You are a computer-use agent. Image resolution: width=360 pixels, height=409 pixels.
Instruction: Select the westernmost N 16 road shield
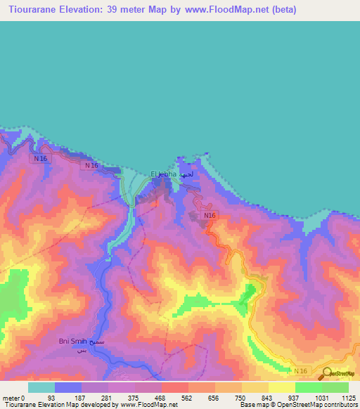(40, 159)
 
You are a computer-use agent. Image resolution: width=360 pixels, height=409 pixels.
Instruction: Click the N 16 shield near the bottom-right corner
(301, 370)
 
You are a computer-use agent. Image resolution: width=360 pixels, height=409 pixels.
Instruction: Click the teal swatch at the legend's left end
(41, 387)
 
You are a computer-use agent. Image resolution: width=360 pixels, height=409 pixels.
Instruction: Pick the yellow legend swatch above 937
(281, 387)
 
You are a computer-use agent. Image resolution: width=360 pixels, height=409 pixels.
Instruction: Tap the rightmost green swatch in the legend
(335, 387)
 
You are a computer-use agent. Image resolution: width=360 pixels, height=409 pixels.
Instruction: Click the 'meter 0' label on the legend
(13, 398)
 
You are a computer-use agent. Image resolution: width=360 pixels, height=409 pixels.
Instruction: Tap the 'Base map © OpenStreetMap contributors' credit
(298, 405)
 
